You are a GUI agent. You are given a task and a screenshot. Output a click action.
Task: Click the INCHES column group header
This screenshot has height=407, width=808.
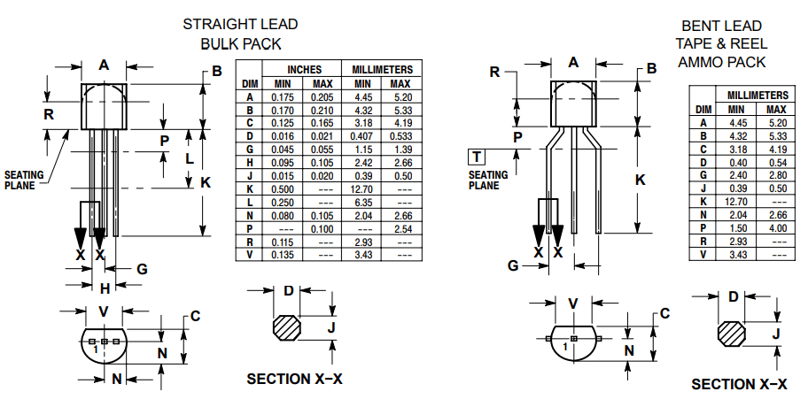(x=304, y=69)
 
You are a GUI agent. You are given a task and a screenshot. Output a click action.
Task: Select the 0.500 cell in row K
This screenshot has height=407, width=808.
(x=283, y=189)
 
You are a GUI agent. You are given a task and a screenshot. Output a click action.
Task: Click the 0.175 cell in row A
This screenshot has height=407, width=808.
(x=283, y=96)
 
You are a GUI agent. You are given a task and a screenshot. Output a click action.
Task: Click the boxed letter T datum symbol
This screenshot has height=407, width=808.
(x=477, y=157)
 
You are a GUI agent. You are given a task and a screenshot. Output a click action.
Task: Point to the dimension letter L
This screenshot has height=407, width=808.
(x=189, y=158)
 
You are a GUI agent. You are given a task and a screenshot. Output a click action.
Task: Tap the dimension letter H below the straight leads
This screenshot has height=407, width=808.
(x=104, y=288)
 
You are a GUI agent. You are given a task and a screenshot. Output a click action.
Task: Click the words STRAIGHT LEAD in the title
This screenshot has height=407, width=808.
(x=240, y=25)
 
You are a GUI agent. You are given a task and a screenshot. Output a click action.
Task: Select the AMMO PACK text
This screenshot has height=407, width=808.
(x=722, y=62)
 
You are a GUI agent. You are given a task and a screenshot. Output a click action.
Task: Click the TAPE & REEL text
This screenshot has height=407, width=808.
(x=722, y=43)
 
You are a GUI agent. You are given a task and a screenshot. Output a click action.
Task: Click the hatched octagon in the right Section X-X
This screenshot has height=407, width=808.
(x=733, y=334)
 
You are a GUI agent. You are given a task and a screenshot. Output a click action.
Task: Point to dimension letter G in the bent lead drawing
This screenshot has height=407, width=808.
(x=513, y=265)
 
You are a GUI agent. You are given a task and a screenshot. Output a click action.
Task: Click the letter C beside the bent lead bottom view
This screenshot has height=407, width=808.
(x=664, y=313)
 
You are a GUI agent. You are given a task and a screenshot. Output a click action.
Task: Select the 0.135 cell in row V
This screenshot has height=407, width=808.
(x=283, y=255)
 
